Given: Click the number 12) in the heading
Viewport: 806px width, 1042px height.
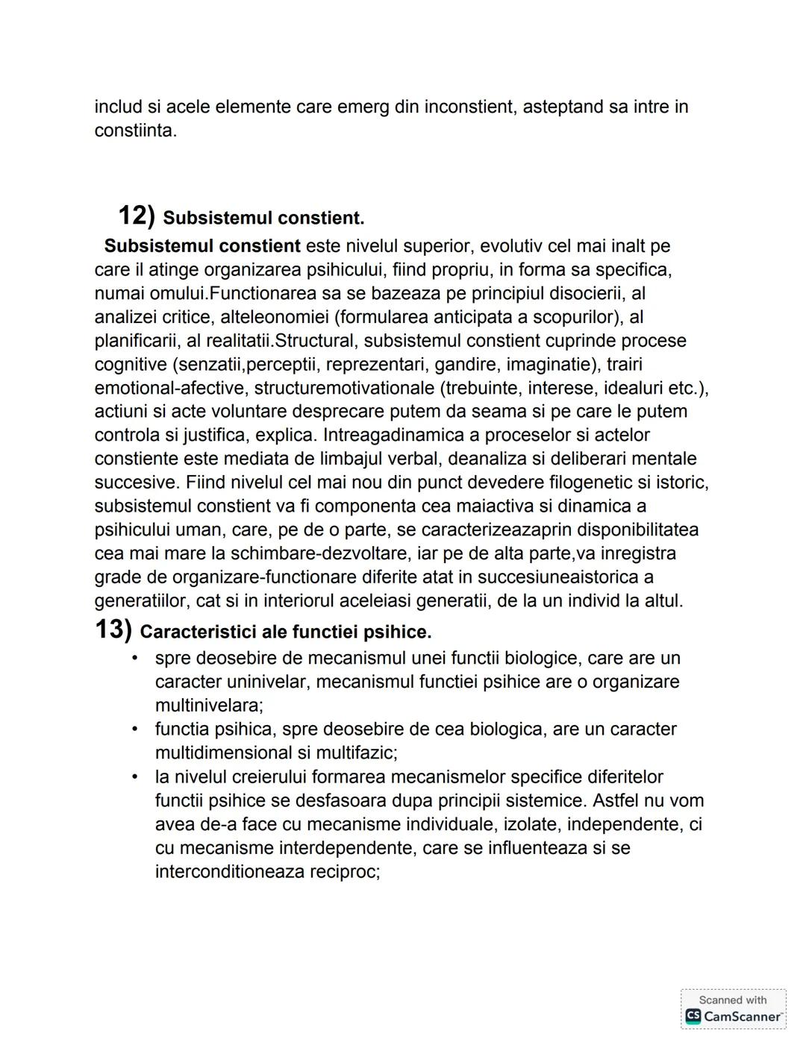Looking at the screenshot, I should pyautogui.click(x=137, y=216).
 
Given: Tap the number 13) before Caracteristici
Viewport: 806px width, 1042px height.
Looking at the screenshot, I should pyautogui.click(x=113, y=630).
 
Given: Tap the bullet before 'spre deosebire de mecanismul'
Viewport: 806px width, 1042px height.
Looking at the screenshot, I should pyautogui.click(x=134, y=659).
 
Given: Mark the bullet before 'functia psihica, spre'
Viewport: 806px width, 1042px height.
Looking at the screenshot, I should pyautogui.click(x=134, y=729).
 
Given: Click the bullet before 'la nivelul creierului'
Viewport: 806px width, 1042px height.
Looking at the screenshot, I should pyautogui.click(x=134, y=777).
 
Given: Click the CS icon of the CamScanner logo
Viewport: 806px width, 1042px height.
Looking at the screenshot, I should pyautogui.click(x=693, y=1016).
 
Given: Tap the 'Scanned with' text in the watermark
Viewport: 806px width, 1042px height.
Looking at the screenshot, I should pyautogui.click(x=732, y=999).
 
